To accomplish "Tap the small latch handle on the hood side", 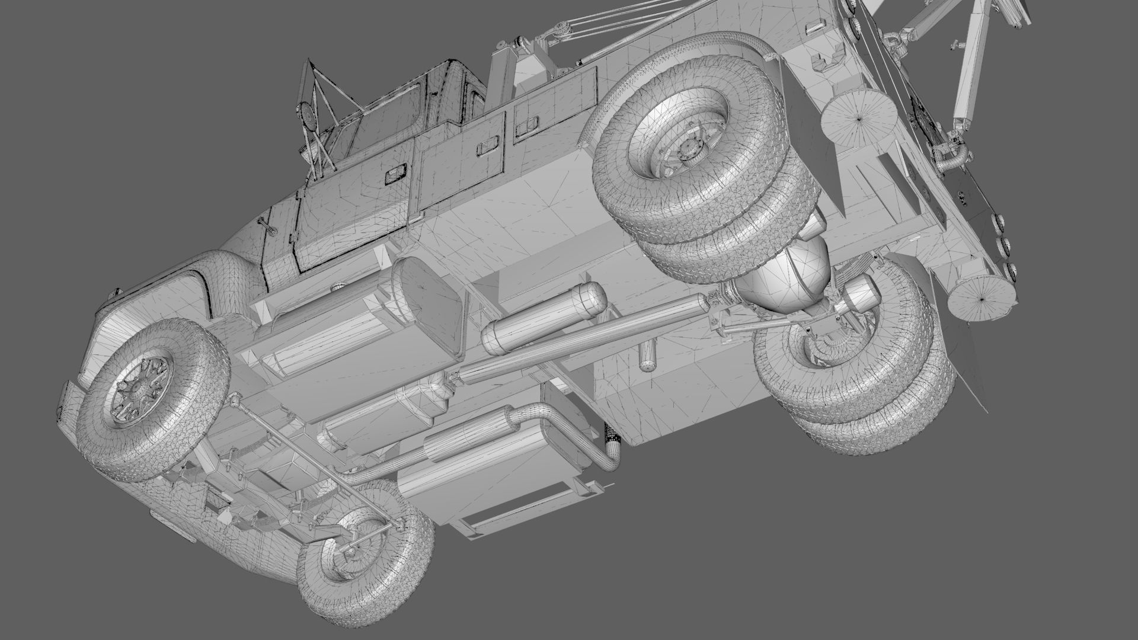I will [x=266, y=225].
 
